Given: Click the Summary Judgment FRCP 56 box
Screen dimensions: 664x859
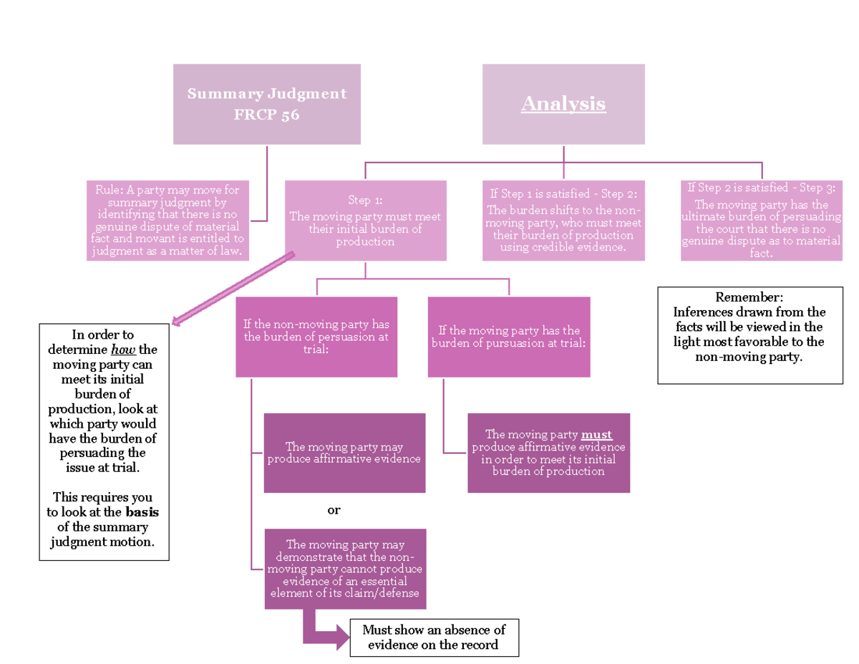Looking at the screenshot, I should [x=266, y=104].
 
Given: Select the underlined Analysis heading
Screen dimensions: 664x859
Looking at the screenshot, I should [x=563, y=104].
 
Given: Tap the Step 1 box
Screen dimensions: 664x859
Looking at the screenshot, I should [x=365, y=221].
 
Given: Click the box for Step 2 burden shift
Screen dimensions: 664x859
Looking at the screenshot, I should [x=563, y=221].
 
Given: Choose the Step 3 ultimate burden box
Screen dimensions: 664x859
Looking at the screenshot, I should [x=761, y=221].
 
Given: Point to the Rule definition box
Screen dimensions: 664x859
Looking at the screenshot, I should [x=168, y=221].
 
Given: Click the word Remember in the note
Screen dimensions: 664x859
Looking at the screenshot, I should [x=749, y=297].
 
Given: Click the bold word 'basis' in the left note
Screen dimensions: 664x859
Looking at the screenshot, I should [x=142, y=512].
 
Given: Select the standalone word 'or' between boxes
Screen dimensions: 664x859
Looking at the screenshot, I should [x=334, y=511].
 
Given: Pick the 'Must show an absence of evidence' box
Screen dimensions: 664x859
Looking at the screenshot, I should [x=434, y=637].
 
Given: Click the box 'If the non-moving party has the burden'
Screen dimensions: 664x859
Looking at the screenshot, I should [x=316, y=337].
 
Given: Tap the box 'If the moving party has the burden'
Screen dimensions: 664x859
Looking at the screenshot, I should [x=509, y=337].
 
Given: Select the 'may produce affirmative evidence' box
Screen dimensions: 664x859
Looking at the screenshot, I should [x=344, y=453].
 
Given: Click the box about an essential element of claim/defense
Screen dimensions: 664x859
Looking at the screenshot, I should [x=344, y=569].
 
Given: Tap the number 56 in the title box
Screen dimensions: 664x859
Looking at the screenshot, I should [x=290, y=115].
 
